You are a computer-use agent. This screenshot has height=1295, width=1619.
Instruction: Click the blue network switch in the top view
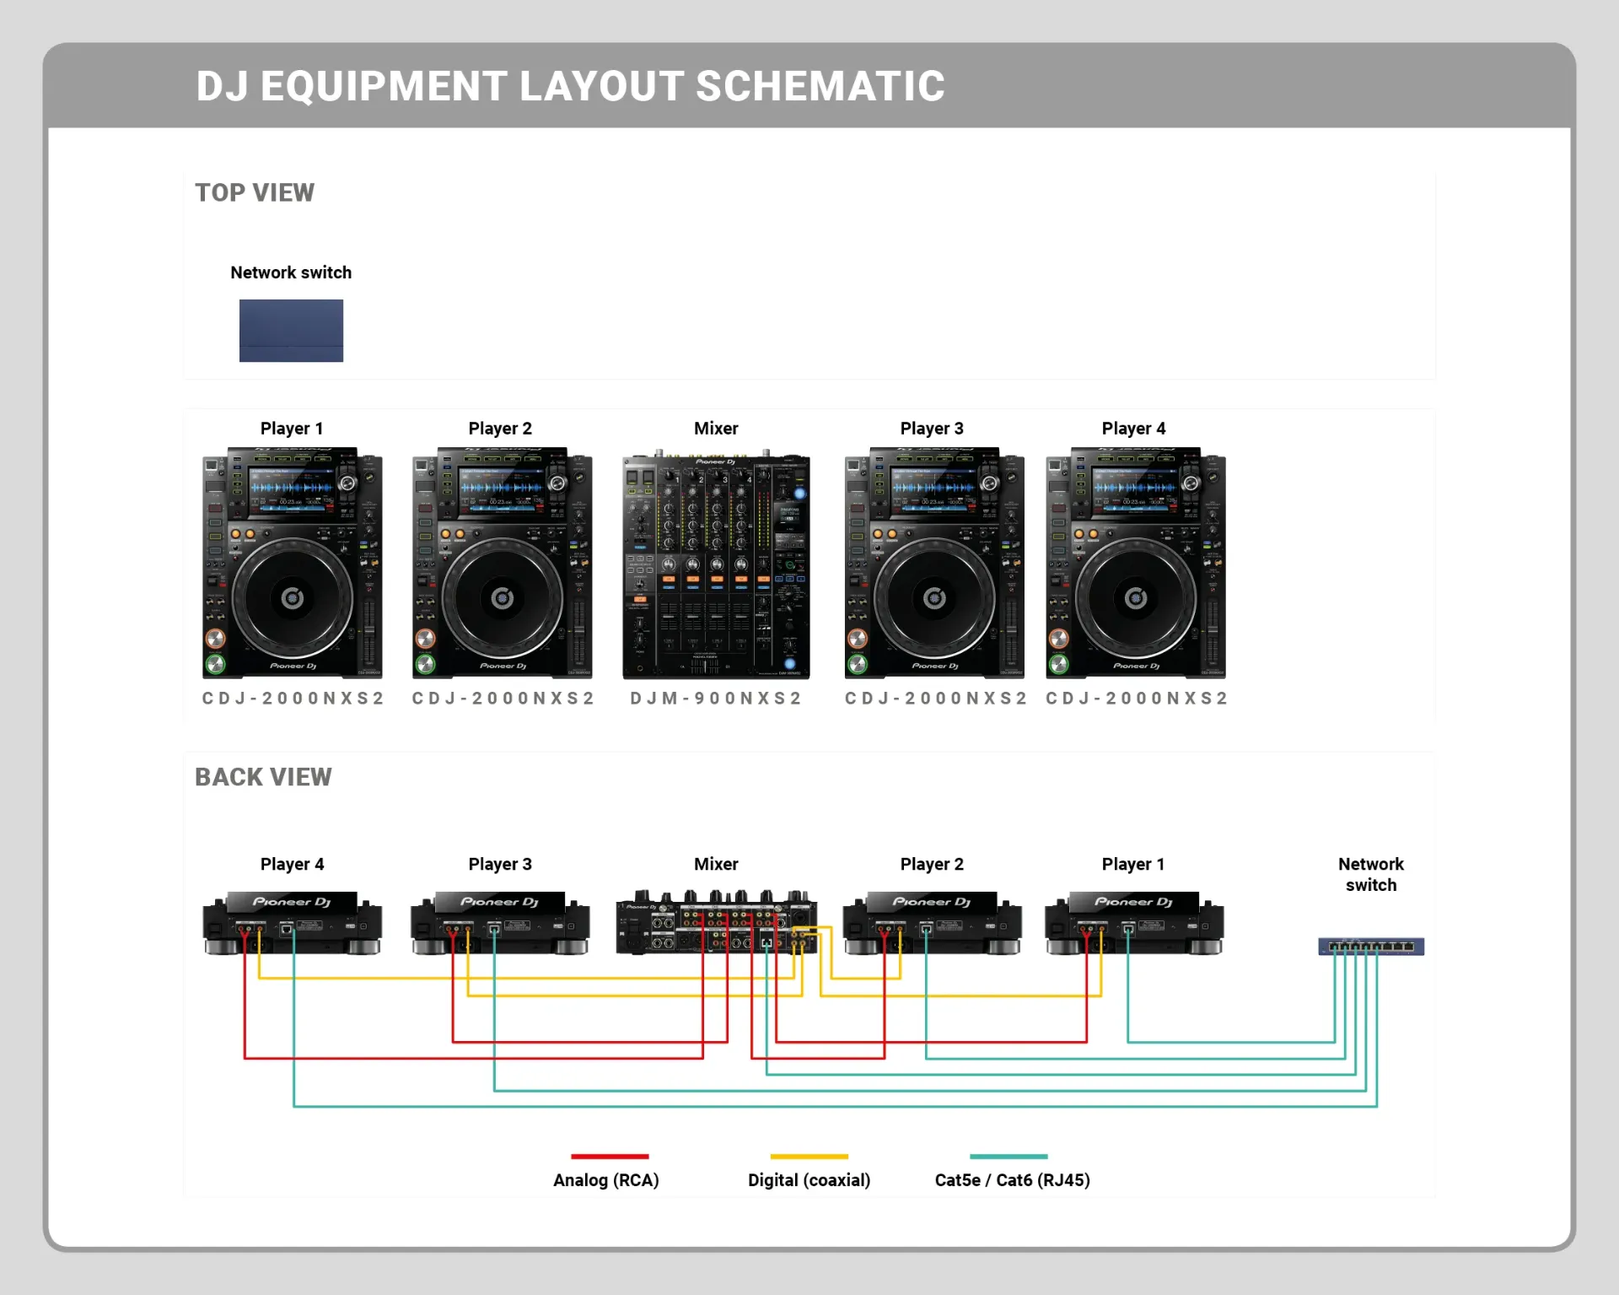[291, 331]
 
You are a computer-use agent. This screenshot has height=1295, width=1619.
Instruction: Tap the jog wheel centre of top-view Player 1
[293, 598]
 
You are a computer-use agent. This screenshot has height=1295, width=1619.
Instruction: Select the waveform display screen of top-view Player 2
[503, 488]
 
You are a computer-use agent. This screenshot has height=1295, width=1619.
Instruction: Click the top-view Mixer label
[716, 429]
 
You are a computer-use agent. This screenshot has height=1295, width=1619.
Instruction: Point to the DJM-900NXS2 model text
[716, 699]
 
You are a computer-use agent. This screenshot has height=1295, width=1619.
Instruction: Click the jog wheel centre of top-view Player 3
[934, 598]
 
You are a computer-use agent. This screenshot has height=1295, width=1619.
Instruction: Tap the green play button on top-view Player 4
[1058, 664]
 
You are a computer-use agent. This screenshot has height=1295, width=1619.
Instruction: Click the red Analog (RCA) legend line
[610, 1156]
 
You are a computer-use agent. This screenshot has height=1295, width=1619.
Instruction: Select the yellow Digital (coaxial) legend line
[809, 1156]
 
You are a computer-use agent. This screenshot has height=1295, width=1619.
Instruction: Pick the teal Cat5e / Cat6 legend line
[1009, 1156]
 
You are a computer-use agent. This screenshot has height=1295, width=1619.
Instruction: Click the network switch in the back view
[1371, 947]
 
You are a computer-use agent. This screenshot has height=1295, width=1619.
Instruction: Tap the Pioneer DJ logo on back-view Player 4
[292, 902]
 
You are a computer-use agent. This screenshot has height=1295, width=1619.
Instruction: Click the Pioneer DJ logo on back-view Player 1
[1133, 902]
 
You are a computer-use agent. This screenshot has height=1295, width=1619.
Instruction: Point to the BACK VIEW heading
[263, 777]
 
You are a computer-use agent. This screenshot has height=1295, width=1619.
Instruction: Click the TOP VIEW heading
[255, 193]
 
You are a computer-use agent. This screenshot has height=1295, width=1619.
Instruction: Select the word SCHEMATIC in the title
[820, 86]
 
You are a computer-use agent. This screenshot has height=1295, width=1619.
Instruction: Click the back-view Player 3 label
[500, 864]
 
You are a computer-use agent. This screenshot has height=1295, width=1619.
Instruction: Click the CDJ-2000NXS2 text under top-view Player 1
[293, 699]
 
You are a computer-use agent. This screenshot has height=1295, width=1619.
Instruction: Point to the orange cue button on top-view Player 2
[425, 638]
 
